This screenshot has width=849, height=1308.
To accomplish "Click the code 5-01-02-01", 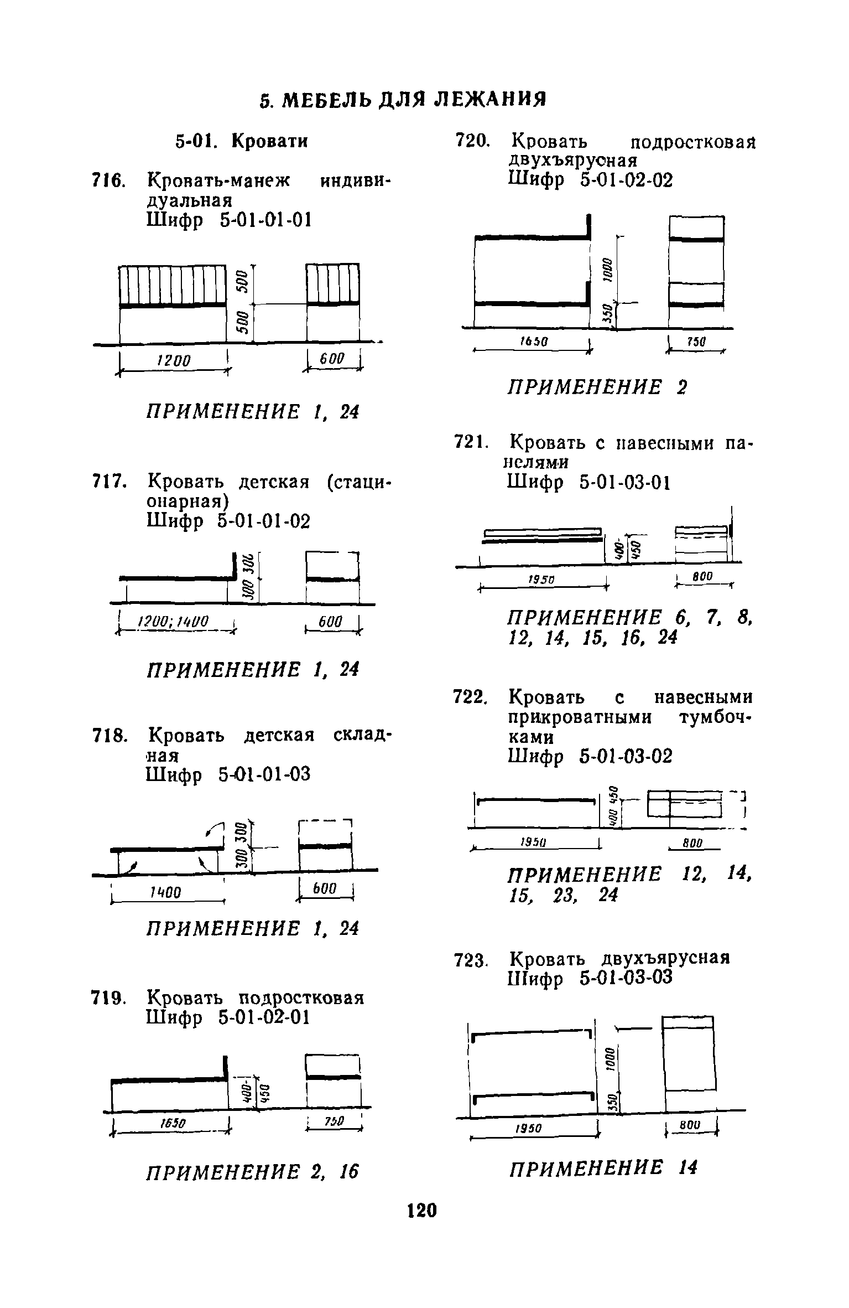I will (x=264, y=1017).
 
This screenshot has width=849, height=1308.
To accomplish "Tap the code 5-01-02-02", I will (x=627, y=180).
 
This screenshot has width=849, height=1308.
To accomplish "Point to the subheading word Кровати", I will (x=269, y=142).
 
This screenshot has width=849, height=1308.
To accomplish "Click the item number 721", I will (x=471, y=443).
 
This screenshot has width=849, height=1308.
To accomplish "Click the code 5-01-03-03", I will (x=626, y=978).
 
